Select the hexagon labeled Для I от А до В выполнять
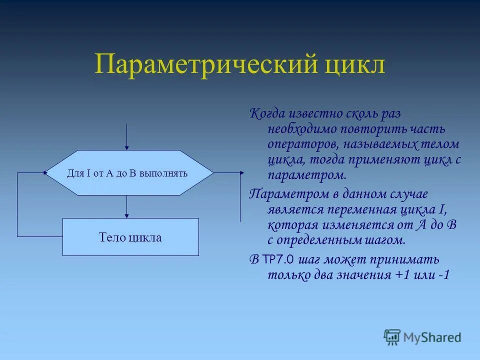(x=129, y=173)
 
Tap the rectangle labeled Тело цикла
(x=130, y=237)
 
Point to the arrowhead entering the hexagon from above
(x=127, y=147)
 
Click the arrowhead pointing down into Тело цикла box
(x=127, y=215)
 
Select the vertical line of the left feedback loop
(x=17, y=205)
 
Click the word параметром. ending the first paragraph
(x=306, y=176)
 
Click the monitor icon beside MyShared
(x=392, y=337)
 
